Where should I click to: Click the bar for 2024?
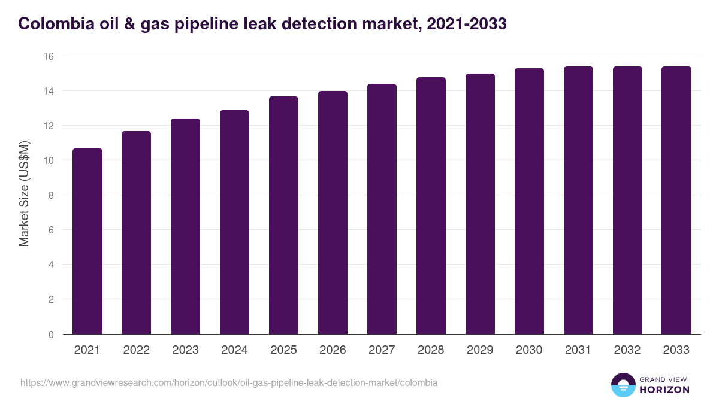coord(234,222)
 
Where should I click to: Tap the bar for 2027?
coord(382,209)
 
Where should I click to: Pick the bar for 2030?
coord(529,201)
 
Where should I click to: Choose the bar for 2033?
coord(676,201)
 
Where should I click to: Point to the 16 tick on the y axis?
coord(49,56)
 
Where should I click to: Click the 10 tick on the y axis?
coord(49,160)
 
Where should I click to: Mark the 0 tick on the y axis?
coord(51,335)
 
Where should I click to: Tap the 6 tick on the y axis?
coord(51,230)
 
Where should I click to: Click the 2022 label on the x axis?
coord(136,350)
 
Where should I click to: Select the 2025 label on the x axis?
coord(283,350)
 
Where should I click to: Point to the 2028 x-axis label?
coord(431,350)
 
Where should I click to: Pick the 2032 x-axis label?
coord(627,350)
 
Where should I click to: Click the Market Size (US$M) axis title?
coord(24,193)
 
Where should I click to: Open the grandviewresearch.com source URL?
coord(229,382)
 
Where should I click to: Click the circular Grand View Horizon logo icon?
coord(623,385)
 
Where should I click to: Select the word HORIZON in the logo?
coord(665,390)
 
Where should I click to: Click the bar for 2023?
coord(185,226)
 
